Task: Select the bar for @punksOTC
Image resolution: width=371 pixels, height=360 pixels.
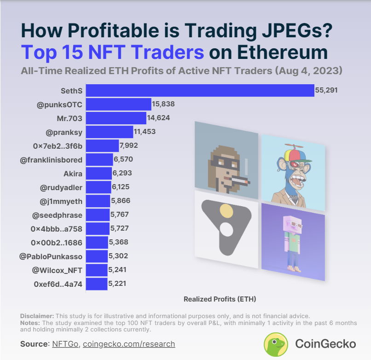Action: pyautogui.click(x=119, y=105)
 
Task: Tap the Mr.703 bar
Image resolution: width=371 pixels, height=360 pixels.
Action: pyautogui.click(x=116, y=118)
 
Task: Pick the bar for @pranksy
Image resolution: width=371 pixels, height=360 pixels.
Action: pyautogui.click(x=110, y=132)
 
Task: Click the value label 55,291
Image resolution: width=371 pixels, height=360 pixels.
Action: pyautogui.click(x=326, y=91)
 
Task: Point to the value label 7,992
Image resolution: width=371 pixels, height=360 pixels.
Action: pyautogui.click(x=128, y=146)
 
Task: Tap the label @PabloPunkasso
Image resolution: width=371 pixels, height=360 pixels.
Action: pyautogui.click(x=51, y=256)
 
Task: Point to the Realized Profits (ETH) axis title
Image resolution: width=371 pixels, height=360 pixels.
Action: pyautogui.click(x=220, y=299)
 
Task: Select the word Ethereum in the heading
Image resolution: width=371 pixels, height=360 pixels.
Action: pyautogui.click(x=269, y=52)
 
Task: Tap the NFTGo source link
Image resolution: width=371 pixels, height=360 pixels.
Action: pyautogui.click(x=65, y=344)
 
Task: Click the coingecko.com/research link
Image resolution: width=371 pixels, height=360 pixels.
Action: pyautogui.click(x=129, y=344)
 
